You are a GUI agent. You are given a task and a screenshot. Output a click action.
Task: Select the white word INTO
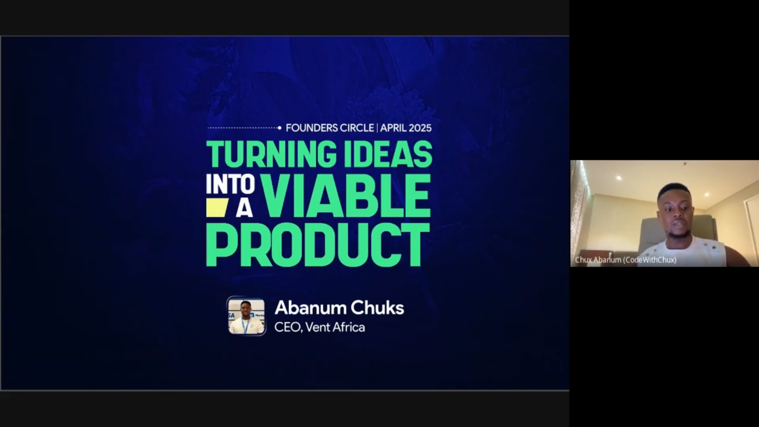231,184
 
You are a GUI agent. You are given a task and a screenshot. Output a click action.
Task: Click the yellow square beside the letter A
217,207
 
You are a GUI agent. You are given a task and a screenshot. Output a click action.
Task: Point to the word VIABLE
346,196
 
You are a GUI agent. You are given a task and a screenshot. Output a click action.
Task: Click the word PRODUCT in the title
318,245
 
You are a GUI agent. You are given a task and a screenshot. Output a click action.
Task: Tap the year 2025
420,128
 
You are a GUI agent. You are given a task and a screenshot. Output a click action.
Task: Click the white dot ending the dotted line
279,128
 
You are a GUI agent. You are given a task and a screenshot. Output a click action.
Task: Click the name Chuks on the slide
377,308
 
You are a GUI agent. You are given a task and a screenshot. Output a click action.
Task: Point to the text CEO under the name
288,327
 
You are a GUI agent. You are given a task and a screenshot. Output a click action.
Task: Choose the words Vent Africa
335,327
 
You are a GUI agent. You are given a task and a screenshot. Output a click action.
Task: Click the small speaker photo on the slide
246,316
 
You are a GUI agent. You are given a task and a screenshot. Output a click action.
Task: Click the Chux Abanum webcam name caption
626,260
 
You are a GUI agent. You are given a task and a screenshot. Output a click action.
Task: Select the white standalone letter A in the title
244,208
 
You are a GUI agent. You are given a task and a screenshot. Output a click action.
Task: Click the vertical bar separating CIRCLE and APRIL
377,128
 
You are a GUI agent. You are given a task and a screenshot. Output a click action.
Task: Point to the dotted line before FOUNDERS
243,128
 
